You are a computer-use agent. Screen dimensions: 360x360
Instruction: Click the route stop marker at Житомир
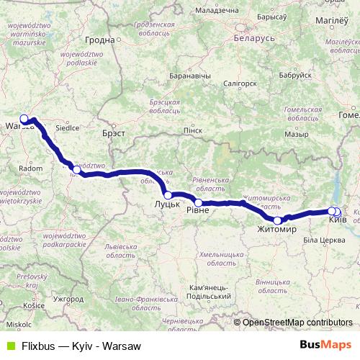click(x=277, y=220)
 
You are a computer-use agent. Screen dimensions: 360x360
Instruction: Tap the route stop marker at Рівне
click(x=199, y=203)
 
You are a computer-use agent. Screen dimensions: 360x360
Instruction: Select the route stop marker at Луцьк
click(x=167, y=195)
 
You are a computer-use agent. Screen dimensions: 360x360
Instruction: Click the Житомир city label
click(x=277, y=230)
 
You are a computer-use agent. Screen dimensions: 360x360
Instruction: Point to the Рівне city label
click(x=199, y=210)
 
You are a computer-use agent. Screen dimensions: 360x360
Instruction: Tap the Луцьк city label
click(x=167, y=205)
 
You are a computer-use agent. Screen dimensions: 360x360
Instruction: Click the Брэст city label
click(x=114, y=133)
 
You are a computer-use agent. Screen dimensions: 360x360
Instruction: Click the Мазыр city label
click(x=296, y=133)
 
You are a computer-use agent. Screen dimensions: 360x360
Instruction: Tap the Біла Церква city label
click(x=321, y=239)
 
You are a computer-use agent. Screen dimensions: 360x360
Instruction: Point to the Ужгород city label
click(x=68, y=298)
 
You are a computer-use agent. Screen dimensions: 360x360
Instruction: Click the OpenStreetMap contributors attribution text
click(x=297, y=323)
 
